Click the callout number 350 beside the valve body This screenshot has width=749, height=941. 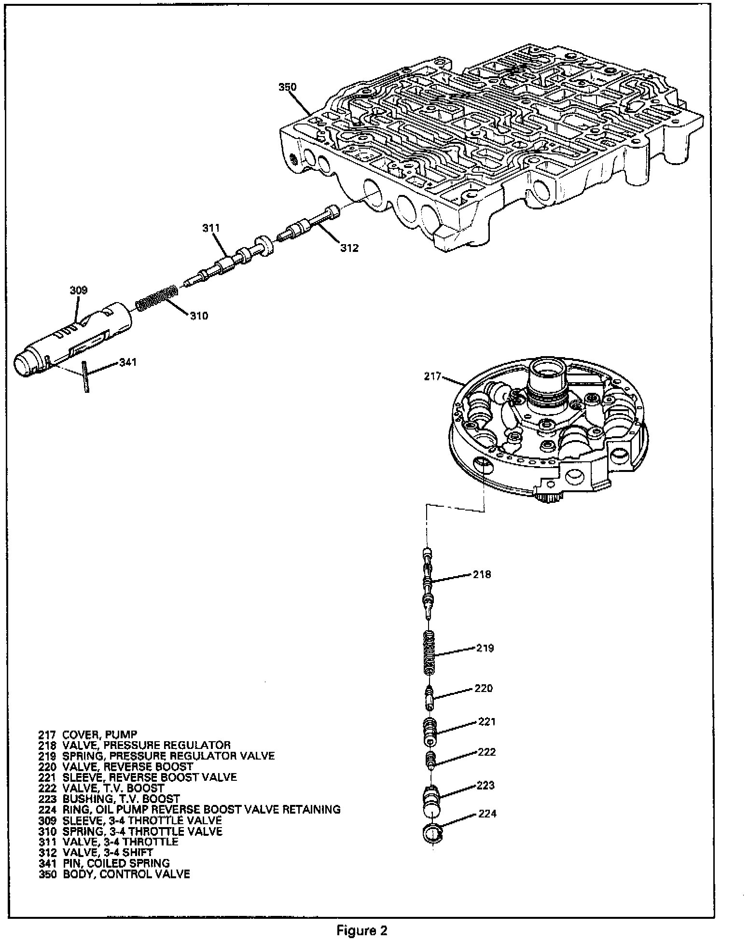coord(288,87)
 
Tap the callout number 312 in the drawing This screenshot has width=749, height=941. coord(349,248)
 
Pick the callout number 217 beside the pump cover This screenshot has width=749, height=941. coord(432,376)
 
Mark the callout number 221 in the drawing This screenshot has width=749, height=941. coord(487,722)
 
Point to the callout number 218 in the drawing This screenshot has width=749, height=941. coord(482,574)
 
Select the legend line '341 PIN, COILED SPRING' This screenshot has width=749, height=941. coord(104,863)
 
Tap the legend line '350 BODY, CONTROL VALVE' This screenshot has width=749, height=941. coord(114,873)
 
